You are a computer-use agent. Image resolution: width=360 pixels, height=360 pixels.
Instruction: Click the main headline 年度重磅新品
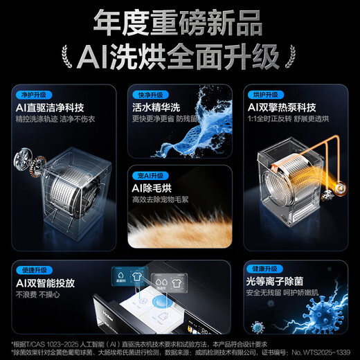(180, 21)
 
